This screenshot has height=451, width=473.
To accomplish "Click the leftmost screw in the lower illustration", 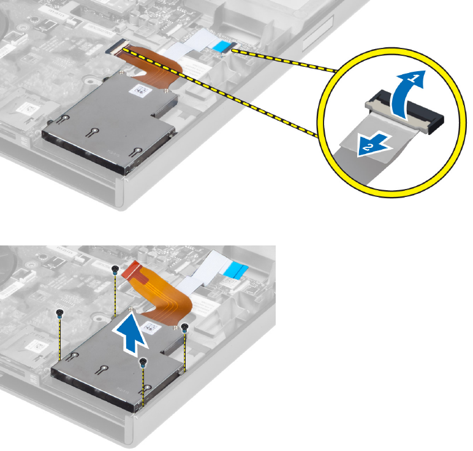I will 59,314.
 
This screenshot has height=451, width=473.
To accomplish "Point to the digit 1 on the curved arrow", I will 414,79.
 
